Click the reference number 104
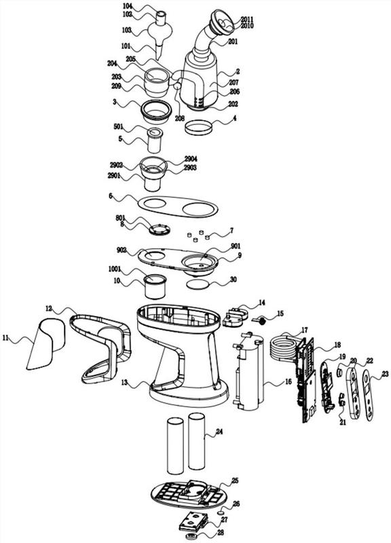click(128, 6)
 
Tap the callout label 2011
click(247, 19)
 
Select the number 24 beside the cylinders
click(219, 432)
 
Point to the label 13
click(125, 382)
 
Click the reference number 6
click(111, 195)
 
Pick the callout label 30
click(234, 280)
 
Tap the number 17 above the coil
click(304, 330)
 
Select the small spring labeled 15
click(260, 320)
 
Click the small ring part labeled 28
click(191, 536)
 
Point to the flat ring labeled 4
click(198, 128)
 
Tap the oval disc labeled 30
click(198, 284)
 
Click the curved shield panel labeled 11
click(45, 343)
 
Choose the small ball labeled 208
click(178, 86)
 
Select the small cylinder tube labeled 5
click(155, 141)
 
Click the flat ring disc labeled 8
click(160, 229)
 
